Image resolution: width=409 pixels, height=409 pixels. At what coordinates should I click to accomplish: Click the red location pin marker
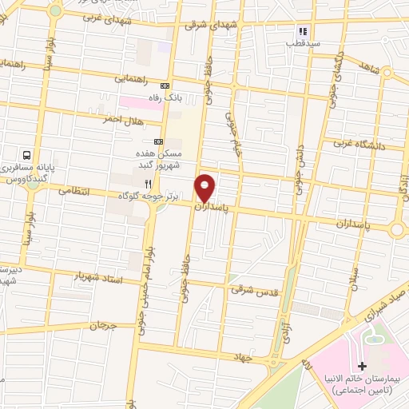tap(205, 188)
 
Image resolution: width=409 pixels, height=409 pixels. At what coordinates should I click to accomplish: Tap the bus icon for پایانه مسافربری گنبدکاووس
tap(27, 156)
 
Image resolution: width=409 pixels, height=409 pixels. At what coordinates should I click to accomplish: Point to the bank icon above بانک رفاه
tap(165, 86)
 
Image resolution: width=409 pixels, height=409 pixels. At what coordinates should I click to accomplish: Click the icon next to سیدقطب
tap(302, 32)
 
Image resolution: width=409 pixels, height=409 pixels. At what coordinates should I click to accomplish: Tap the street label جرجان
tap(103, 326)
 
